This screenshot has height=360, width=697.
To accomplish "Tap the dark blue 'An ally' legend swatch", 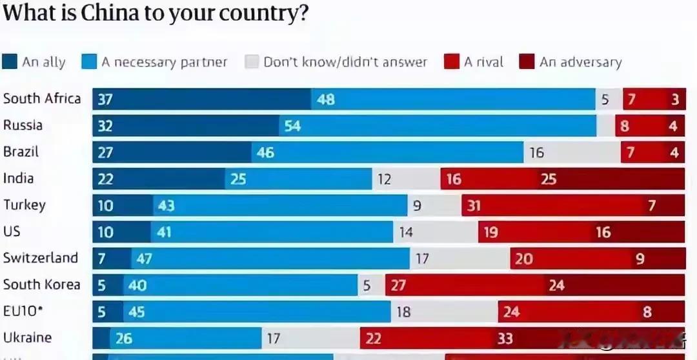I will pyautogui.click(x=10, y=62).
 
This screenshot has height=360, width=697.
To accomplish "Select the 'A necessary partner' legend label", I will pyautogui.click(x=164, y=63).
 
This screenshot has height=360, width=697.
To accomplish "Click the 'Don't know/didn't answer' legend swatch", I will pyautogui.click(x=252, y=62).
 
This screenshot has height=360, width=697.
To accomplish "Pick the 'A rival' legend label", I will pyautogui.click(x=483, y=63).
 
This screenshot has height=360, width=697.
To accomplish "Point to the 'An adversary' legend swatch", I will pyautogui.click(x=527, y=62).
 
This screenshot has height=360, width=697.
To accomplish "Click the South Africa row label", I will pyautogui.click(x=42, y=99).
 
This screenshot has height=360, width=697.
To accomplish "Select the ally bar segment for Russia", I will pyautogui.click(x=186, y=126).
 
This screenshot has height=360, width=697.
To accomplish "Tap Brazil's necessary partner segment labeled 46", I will pyautogui.click(x=387, y=152).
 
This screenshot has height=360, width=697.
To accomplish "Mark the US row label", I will pyautogui.click(x=12, y=231).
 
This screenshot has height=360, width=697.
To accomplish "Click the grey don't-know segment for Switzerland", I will pyautogui.click(x=460, y=259).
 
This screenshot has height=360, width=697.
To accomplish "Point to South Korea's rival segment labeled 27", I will pyautogui.click(x=465, y=285).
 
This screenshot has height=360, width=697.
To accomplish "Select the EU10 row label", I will pyautogui.click(x=23, y=311).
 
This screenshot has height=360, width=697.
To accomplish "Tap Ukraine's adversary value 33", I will pyautogui.click(x=505, y=338).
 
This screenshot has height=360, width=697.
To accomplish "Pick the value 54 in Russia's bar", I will pyautogui.click(x=292, y=126).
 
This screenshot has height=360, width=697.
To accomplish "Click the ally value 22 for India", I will pyautogui.click(x=105, y=179).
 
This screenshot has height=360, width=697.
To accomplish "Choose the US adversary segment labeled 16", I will pyautogui.click(x=603, y=232).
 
